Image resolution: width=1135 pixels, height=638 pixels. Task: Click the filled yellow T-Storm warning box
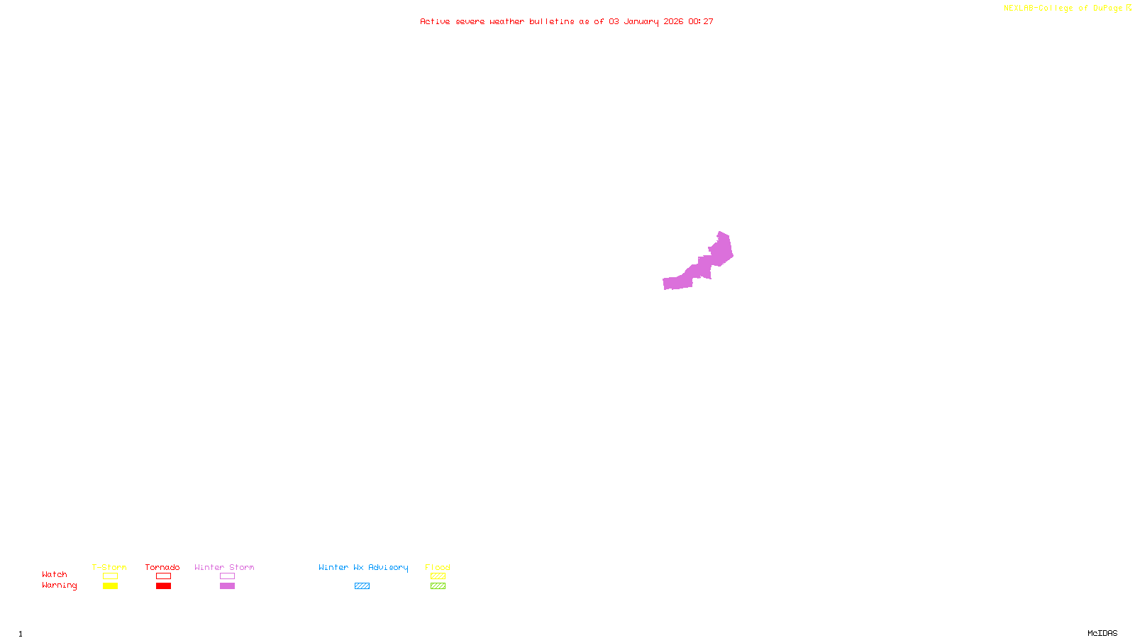tap(110, 586)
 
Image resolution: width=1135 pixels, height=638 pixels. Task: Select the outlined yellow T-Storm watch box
tap(110, 576)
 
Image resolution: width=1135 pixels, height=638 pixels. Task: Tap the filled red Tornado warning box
tap(164, 586)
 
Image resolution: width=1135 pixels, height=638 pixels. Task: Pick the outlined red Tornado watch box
tap(164, 576)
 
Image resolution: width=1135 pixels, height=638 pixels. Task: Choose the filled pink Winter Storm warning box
tap(227, 586)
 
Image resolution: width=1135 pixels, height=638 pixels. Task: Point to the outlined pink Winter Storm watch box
tap(227, 576)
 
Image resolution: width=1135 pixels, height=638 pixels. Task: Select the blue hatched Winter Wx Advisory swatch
tap(362, 586)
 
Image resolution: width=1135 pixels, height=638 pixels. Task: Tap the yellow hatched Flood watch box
tap(438, 576)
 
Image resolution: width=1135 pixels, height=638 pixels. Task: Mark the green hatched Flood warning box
tap(438, 586)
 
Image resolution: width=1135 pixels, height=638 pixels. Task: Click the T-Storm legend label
tap(109, 567)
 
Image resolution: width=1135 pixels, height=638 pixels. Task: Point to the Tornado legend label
tap(162, 567)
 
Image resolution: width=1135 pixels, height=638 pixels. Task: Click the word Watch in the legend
tap(55, 575)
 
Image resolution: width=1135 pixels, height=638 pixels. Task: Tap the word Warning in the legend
tap(59, 586)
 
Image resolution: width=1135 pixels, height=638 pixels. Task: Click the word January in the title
tap(641, 22)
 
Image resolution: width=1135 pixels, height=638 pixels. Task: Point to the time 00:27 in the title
tap(701, 22)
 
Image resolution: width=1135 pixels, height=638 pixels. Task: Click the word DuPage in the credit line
tap(1107, 9)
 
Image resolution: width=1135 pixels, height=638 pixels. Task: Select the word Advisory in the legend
tap(388, 567)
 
